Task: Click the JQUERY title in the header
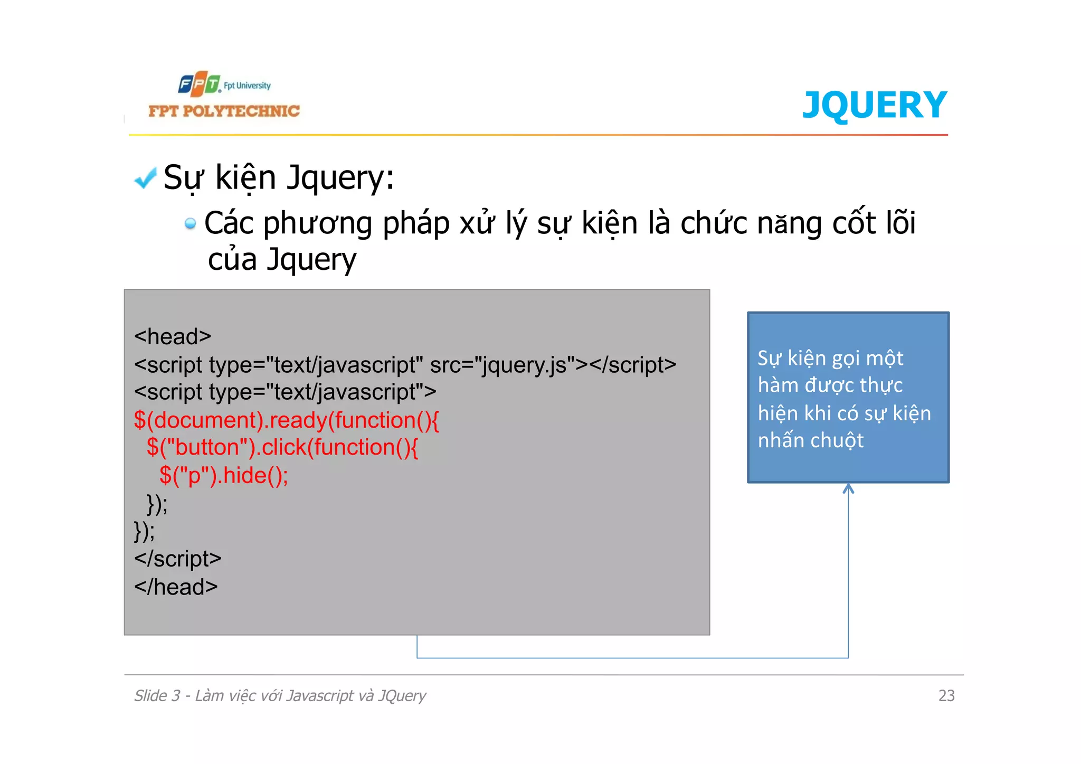click(874, 105)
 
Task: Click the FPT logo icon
click(198, 84)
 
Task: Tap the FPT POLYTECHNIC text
click(224, 111)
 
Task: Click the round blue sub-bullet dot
click(190, 224)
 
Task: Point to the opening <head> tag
click(173, 336)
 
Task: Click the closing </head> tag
click(176, 587)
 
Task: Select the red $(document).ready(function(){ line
click(286, 420)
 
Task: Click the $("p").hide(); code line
click(224, 475)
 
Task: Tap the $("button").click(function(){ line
click(282, 447)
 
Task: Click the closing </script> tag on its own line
click(178, 559)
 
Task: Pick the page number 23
click(946, 695)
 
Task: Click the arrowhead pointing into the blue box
click(848, 488)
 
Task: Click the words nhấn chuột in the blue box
click(811, 440)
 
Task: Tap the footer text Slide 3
click(157, 695)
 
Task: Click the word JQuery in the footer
click(402, 696)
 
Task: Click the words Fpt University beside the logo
click(247, 86)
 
